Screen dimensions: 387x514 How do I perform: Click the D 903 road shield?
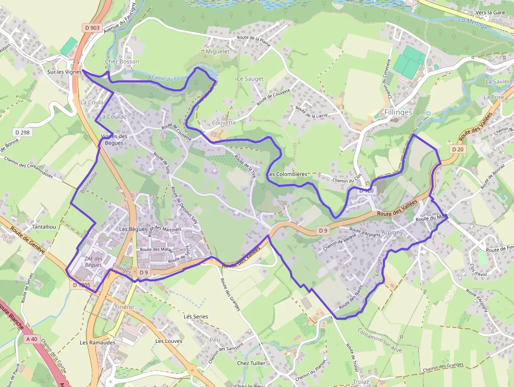(x=91, y=27)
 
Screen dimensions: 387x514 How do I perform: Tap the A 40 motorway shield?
(x=31, y=339)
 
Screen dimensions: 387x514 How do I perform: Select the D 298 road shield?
(x=23, y=132)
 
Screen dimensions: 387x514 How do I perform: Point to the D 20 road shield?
(x=457, y=149)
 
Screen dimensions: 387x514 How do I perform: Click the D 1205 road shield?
(x=82, y=285)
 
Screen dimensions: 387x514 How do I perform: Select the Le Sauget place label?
(x=250, y=79)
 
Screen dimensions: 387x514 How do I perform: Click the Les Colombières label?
(x=287, y=174)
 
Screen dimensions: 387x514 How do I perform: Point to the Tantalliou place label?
(x=44, y=226)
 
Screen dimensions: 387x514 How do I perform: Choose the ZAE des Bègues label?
(x=93, y=262)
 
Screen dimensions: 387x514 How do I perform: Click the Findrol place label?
(x=123, y=307)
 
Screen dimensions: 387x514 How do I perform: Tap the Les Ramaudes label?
(x=98, y=342)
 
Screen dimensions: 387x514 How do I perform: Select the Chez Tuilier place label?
(x=251, y=363)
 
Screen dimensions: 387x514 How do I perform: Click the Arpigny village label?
(x=392, y=232)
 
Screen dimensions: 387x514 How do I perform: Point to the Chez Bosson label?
(x=122, y=61)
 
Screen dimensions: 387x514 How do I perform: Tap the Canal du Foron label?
(x=169, y=78)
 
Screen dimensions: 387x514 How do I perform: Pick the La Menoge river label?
(x=473, y=23)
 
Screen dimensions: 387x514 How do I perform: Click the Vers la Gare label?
(x=490, y=12)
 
